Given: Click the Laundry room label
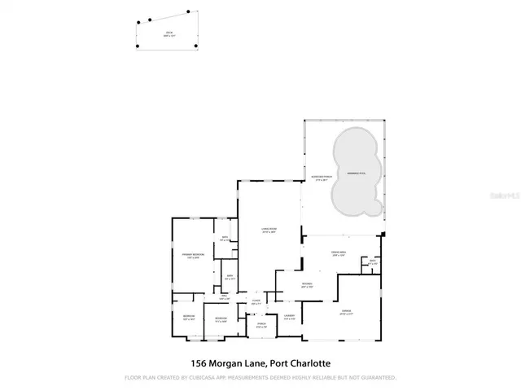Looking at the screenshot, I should (x=289, y=317).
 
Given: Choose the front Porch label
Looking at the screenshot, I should (x=262, y=327).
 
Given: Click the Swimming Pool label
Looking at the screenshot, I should (x=356, y=173).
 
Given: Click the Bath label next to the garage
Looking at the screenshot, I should (x=372, y=262).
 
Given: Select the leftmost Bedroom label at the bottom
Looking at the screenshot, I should (x=188, y=317).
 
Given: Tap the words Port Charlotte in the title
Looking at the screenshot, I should (x=296, y=362).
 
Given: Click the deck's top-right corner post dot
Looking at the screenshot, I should (x=189, y=12).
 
